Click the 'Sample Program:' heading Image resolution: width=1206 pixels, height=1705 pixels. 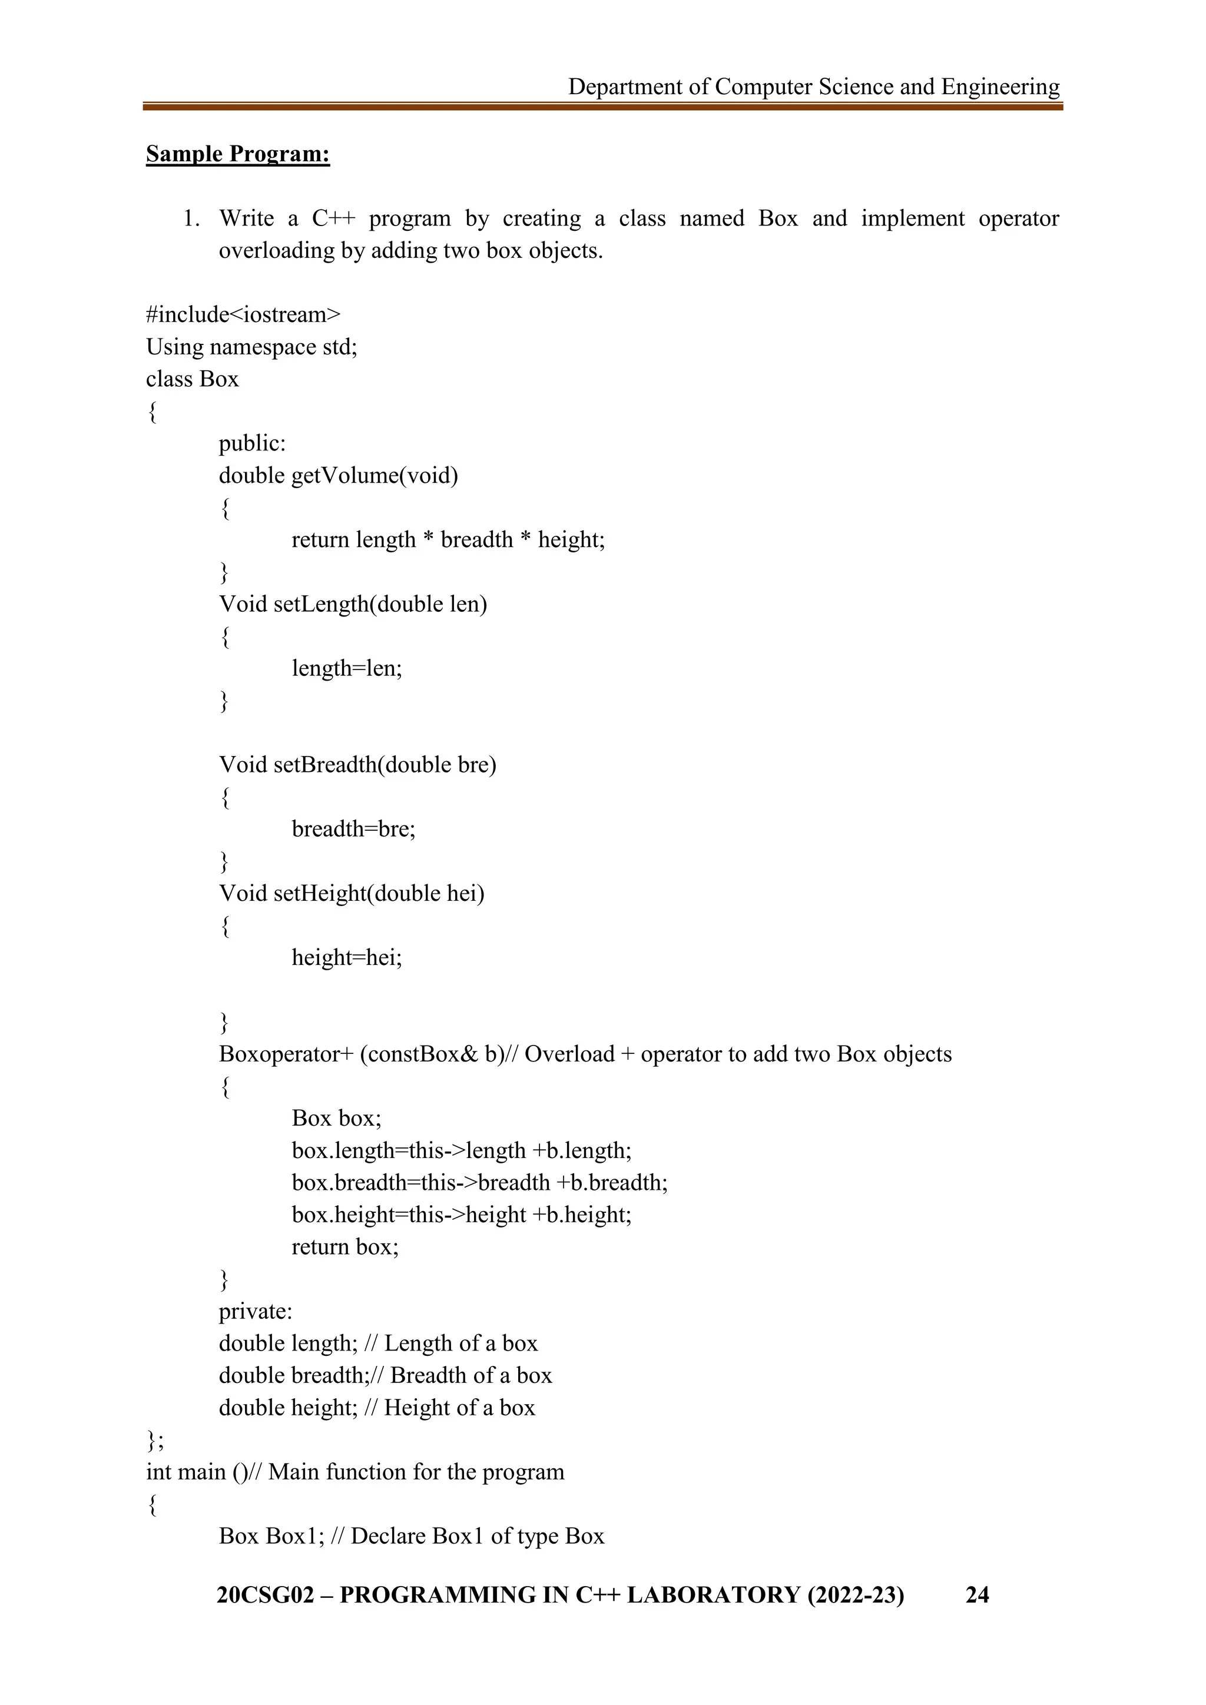238,154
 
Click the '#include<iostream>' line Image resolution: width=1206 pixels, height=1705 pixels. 243,314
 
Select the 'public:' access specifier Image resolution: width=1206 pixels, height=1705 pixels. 252,443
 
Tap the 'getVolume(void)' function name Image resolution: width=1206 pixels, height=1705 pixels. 375,475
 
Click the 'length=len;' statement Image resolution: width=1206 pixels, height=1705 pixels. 347,668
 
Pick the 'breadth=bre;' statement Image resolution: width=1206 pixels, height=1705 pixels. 353,829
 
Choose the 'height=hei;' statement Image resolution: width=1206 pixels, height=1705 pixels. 347,957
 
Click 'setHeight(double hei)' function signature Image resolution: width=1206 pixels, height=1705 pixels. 379,893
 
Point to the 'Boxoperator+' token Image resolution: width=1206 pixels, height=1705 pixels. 286,1054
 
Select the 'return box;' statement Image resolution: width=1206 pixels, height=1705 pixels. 344,1246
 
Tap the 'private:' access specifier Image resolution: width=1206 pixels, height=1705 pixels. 256,1311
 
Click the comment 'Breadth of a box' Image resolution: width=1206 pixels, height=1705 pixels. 471,1375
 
